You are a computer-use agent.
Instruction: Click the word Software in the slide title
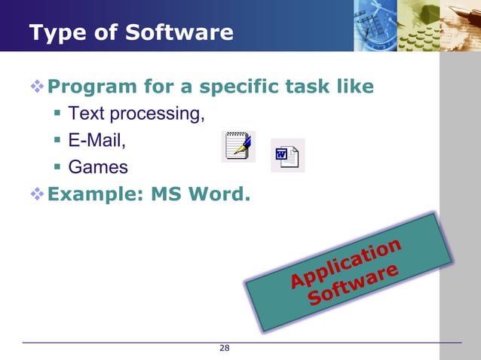(185, 33)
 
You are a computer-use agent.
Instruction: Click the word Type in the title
(52, 33)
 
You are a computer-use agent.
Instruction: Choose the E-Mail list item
(97, 140)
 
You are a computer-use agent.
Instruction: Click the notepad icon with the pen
(238, 146)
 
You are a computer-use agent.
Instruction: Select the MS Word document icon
(287, 156)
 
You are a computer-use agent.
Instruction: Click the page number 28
(224, 348)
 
